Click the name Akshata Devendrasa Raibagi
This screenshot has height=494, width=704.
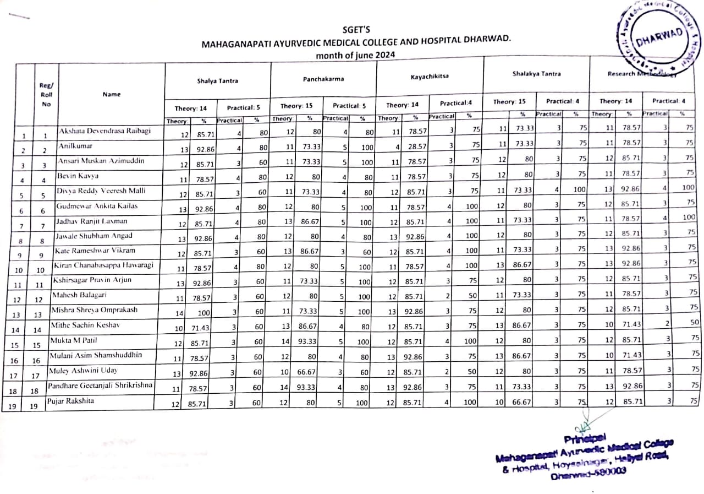(x=104, y=131)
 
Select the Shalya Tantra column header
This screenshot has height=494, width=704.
(x=218, y=81)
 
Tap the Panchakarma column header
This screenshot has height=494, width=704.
(x=323, y=79)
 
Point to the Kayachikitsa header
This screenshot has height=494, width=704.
(x=430, y=76)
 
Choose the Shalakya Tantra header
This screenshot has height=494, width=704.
(x=536, y=74)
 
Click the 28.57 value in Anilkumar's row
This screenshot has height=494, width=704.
(x=416, y=147)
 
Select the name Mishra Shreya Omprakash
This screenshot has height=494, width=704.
(x=95, y=310)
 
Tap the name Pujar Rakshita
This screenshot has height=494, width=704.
(x=70, y=401)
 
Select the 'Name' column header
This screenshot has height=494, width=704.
(x=111, y=94)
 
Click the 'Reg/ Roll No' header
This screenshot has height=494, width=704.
(x=46, y=94)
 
